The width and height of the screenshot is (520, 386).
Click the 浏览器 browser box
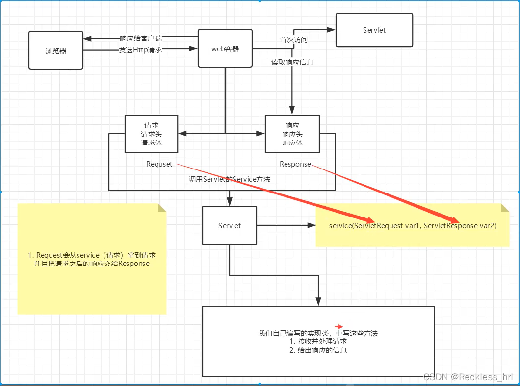[x=55, y=50]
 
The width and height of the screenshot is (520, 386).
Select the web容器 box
[x=225, y=48]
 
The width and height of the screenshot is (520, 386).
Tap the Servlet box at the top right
[x=374, y=30]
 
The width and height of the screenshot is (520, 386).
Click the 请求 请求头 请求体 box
[x=151, y=134]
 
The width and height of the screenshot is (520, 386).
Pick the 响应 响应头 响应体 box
[x=292, y=134]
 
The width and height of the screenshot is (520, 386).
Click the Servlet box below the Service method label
[x=229, y=225]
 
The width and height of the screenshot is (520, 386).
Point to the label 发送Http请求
[x=140, y=49]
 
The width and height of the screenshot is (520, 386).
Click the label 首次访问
[x=293, y=40]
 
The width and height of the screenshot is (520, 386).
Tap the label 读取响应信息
[x=292, y=62]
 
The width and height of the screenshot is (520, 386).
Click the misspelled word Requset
[x=159, y=164]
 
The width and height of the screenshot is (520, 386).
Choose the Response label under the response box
[x=295, y=164]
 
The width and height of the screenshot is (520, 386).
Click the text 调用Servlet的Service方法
[x=230, y=179]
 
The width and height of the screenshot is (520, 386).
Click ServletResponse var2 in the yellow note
[x=460, y=226]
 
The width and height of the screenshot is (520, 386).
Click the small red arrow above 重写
[x=339, y=326]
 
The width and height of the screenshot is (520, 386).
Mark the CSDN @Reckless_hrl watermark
[x=468, y=377]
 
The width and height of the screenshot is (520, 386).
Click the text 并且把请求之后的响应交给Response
[x=92, y=264]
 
